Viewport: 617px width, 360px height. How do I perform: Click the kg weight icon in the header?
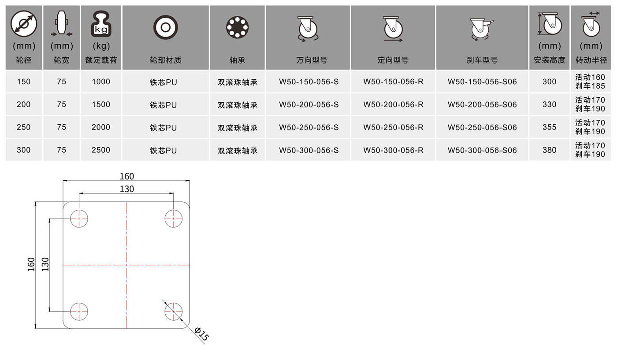[x=101, y=24]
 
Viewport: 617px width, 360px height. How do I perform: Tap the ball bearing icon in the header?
[x=238, y=27]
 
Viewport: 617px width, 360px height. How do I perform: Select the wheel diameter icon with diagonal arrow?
[x=24, y=24]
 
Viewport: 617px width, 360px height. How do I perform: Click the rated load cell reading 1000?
[x=101, y=82]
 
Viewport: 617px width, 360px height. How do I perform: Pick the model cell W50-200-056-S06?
[x=482, y=105]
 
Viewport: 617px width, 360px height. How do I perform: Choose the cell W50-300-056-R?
[x=393, y=150]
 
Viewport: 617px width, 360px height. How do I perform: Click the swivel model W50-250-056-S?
[x=309, y=127]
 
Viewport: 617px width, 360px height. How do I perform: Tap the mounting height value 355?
[x=549, y=127]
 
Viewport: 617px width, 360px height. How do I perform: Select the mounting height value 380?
[x=549, y=150]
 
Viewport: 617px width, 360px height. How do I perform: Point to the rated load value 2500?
[x=101, y=150]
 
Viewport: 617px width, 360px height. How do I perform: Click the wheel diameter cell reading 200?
[x=24, y=104]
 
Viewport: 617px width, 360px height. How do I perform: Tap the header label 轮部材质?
[x=166, y=60]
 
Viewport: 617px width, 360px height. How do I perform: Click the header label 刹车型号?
[x=482, y=60]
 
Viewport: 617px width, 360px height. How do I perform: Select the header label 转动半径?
[x=591, y=60]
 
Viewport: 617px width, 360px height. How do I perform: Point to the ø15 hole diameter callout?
[x=201, y=334]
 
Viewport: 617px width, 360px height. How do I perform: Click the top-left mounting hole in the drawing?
[x=79, y=219]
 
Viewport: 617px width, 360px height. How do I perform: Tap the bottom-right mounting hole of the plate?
[x=174, y=312]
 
